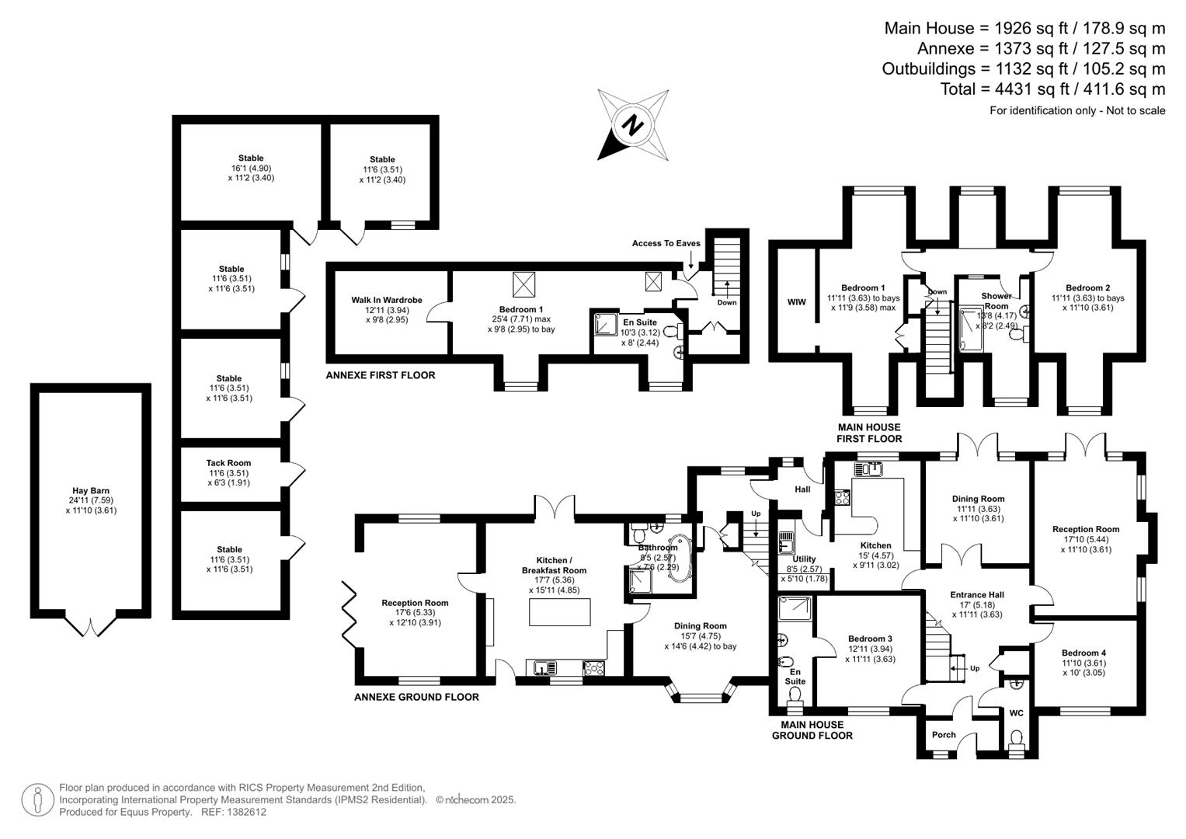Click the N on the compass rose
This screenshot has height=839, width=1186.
632,126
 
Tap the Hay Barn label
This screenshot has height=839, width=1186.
91,490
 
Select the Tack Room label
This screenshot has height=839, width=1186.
228,463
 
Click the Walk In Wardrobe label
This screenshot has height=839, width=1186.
387,300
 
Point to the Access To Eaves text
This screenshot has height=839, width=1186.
666,243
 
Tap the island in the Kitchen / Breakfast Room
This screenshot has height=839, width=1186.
560,612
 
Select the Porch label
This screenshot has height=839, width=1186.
944,735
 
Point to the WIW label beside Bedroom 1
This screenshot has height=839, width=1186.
796,302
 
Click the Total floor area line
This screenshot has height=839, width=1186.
1052,89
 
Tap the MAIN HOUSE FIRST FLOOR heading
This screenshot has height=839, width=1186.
869,433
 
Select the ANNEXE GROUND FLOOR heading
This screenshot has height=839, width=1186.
416,697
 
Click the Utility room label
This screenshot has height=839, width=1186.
804,559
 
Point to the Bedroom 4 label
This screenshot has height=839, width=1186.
1083,653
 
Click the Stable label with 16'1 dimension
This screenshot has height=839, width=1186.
251,158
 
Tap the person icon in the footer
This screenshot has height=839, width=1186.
37,800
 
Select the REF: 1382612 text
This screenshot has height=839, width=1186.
234,812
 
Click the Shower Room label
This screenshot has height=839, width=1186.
996,301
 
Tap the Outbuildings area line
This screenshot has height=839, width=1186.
1024,69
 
